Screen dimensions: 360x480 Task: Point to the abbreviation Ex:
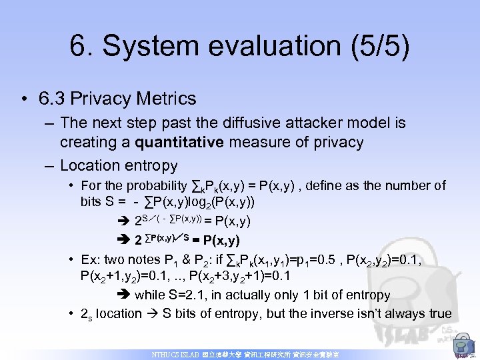pyautogui.click(x=89, y=259)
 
